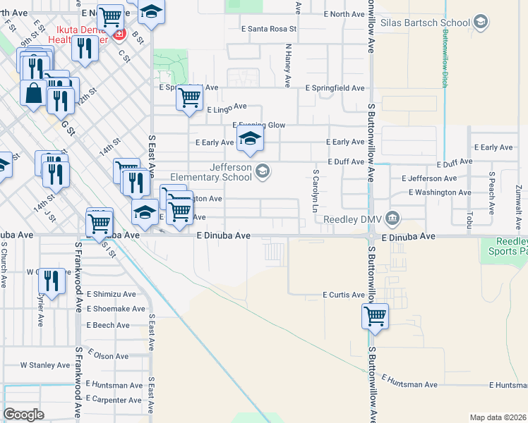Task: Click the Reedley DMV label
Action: pyautogui.click(x=354, y=219)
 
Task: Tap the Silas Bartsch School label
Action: pyautogui.click(x=425, y=23)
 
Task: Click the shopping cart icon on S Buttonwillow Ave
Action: pyautogui.click(x=375, y=316)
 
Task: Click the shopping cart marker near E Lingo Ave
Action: pyautogui.click(x=189, y=99)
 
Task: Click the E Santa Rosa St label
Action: pyautogui.click(x=269, y=30)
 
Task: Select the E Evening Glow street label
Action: pyautogui.click(x=258, y=125)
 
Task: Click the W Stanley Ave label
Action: pyautogui.click(x=44, y=365)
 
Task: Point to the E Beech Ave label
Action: pyautogui.click(x=108, y=325)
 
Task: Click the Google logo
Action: pyautogui.click(x=23, y=414)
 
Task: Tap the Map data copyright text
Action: pyautogui.click(x=498, y=417)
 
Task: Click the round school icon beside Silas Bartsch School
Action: pyautogui.click(x=481, y=23)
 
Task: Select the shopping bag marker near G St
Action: pyautogui.click(x=34, y=93)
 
